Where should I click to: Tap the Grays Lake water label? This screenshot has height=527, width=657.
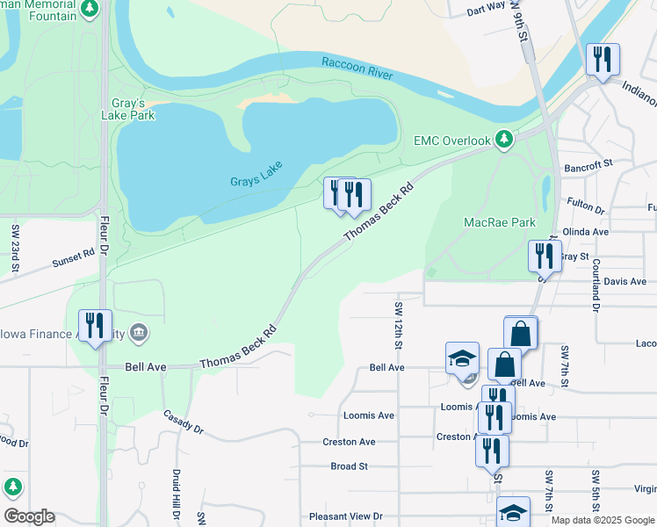click(255, 182)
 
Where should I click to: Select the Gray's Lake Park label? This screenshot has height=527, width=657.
click(134, 109)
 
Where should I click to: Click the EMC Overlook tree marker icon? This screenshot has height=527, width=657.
click(503, 139)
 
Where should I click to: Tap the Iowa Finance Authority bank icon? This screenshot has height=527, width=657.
click(138, 333)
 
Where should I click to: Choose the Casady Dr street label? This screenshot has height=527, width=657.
click(184, 422)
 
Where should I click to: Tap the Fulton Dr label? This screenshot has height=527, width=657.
click(586, 207)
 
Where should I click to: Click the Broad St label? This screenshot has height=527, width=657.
click(349, 466)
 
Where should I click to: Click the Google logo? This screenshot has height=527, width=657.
click(29, 516)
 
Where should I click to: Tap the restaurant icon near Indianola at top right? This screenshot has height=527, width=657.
click(603, 60)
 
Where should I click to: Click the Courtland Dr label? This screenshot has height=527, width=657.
click(596, 286)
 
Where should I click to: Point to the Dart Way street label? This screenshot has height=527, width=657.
click(486, 9)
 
